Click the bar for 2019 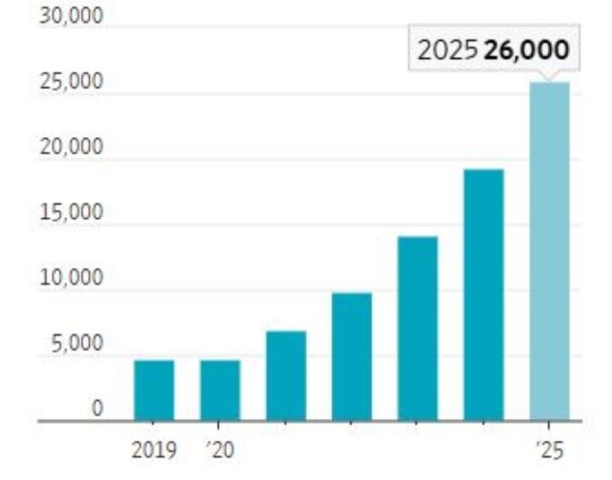click(154, 390)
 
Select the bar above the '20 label click(220, 390)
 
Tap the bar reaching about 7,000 click(286, 376)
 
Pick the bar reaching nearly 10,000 click(352, 357)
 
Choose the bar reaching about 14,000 click(418, 328)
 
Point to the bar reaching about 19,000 click(484, 294)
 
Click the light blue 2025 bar click(550, 251)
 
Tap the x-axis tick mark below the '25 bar click(550, 424)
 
